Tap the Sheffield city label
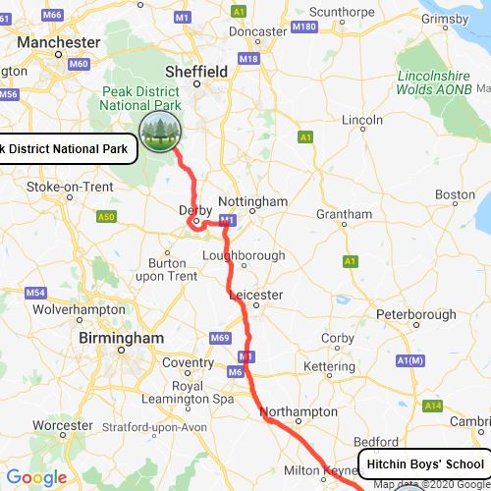[x=196, y=72]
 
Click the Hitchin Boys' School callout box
[x=421, y=464]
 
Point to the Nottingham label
[x=252, y=201]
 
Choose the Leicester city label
[x=255, y=295]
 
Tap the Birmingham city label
[x=123, y=337]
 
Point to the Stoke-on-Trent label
[x=69, y=187]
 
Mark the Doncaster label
[x=256, y=31]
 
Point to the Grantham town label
[x=345, y=214]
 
